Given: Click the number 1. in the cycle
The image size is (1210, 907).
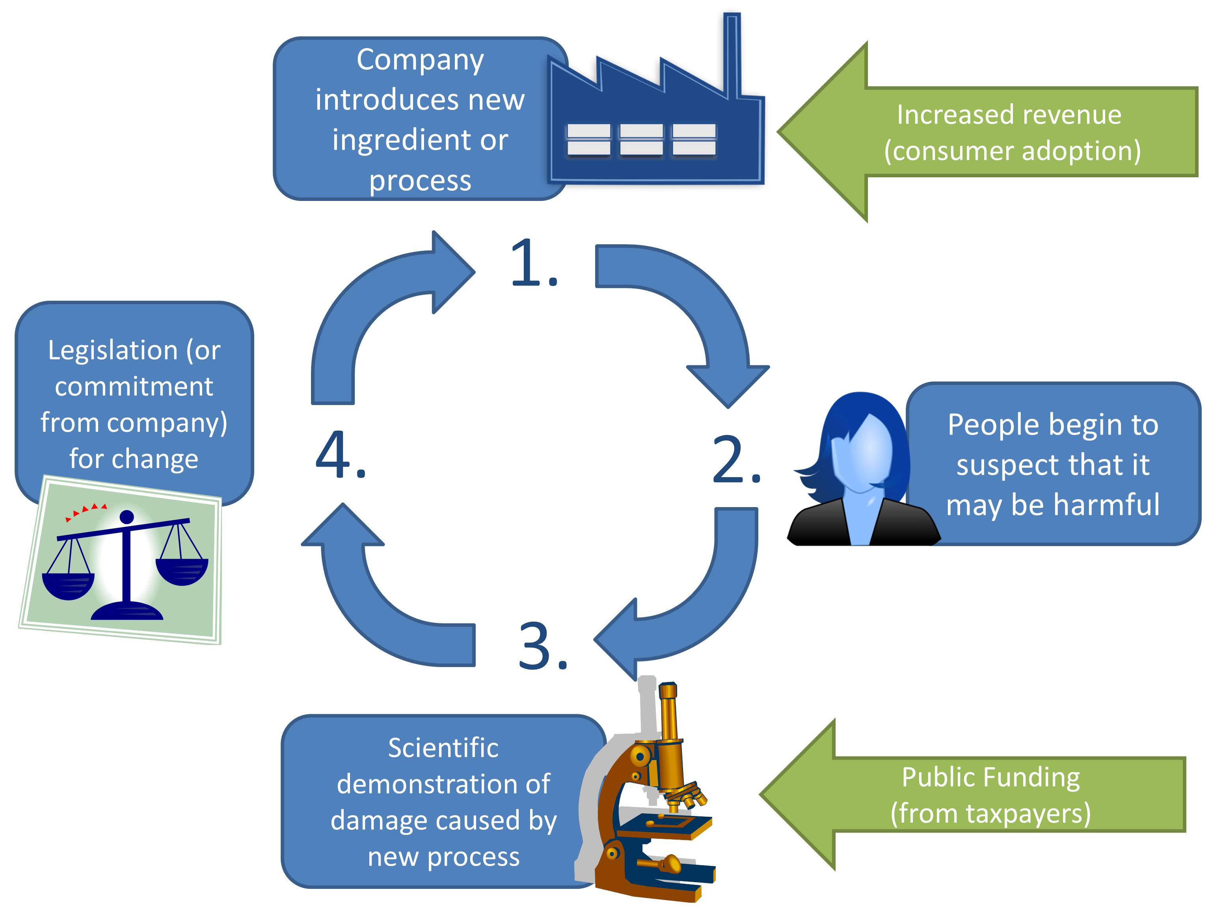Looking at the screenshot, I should [x=533, y=264].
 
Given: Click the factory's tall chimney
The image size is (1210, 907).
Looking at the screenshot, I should [x=732, y=55].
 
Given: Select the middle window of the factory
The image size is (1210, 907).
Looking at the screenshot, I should [x=641, y=139].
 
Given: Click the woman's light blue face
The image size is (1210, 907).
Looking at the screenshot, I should [x=864, y=454].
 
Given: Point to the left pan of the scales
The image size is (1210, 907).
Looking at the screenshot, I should [x=68, y=585].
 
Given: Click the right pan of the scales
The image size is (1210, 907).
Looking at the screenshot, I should [x=182, y=571].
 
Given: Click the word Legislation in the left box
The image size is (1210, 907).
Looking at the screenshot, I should [x=113, y=350].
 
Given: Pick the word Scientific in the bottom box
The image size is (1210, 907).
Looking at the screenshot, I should [x=443, y=748].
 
